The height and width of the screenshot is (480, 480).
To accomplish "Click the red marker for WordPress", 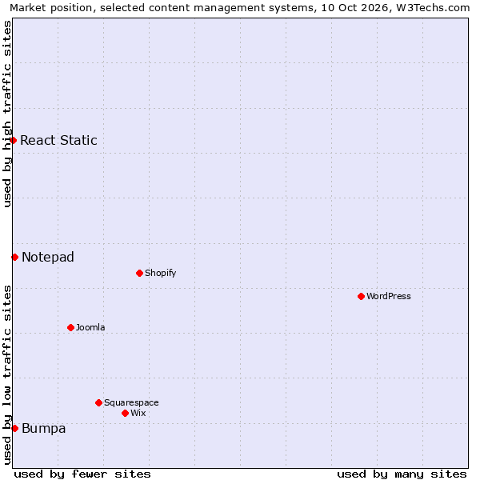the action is coord(361,296).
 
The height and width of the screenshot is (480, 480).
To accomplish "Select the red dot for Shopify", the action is coord(139,273).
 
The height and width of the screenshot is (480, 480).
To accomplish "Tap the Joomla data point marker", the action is coord(70,327).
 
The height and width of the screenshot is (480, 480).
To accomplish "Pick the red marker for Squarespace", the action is coord(98,402).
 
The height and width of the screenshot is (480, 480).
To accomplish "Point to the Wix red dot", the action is coord(125,414).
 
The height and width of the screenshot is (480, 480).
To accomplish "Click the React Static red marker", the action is coord(13,140).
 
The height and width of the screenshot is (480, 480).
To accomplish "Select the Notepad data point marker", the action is coord(14,257).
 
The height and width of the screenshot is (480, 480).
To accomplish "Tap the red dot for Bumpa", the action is coord(14,428).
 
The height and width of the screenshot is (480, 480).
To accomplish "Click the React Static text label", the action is coord(58,140).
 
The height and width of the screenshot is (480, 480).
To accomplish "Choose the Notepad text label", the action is coord(48,257).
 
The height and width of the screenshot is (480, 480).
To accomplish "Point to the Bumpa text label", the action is coord(44,428).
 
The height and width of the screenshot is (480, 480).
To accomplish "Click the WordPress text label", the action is coord(389,296).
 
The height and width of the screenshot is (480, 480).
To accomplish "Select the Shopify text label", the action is coord(161,273).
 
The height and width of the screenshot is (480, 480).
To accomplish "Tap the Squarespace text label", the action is coord(131,402).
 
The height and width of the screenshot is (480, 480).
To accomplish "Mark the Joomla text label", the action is coord(90,327).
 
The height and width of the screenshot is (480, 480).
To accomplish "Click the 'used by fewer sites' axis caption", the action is coord(82,474).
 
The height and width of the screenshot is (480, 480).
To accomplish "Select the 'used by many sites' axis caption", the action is coord(402,474).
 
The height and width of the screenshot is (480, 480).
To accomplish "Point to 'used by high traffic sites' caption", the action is coord(7,114).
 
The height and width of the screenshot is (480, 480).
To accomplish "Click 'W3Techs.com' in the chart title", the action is coord(433,7).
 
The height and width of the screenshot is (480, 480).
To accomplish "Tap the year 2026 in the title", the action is coord(374,7).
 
